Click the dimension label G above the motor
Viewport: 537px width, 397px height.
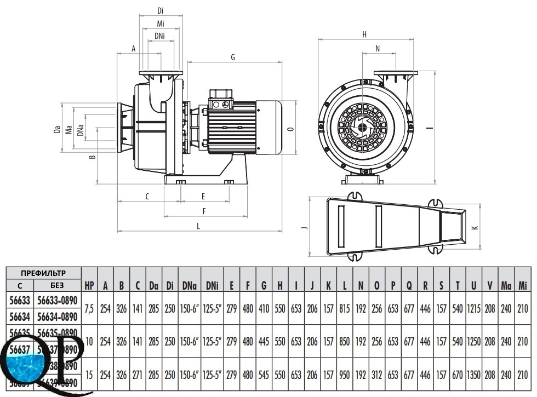[x=233, y=57]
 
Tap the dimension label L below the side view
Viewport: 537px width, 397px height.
[x=198, y=226]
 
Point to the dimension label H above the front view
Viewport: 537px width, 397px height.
[x=364, y=34]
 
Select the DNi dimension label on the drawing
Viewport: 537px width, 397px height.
[x=159, y=37]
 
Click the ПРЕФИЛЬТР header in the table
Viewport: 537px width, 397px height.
[x=43, y=273]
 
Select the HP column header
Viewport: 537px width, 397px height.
[x=89, y=285]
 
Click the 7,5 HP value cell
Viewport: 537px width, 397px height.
[x=89, y=309]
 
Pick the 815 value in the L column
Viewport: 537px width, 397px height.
[x=345, y=309]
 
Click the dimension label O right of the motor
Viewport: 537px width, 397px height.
[x=290, y=129]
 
